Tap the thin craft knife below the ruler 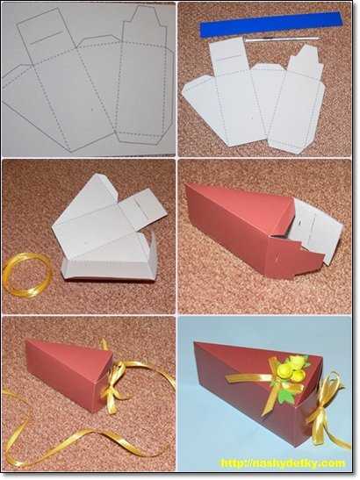pyautogui.click(x=282, y=39)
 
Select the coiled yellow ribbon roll pyautogui.click(x=27, y=276)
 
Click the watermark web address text pyautogui.click(x=283, y=463)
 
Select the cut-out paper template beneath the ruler pyautogui.click(x=255, y=98)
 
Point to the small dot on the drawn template pyautogui.click(x=92, y=108)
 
